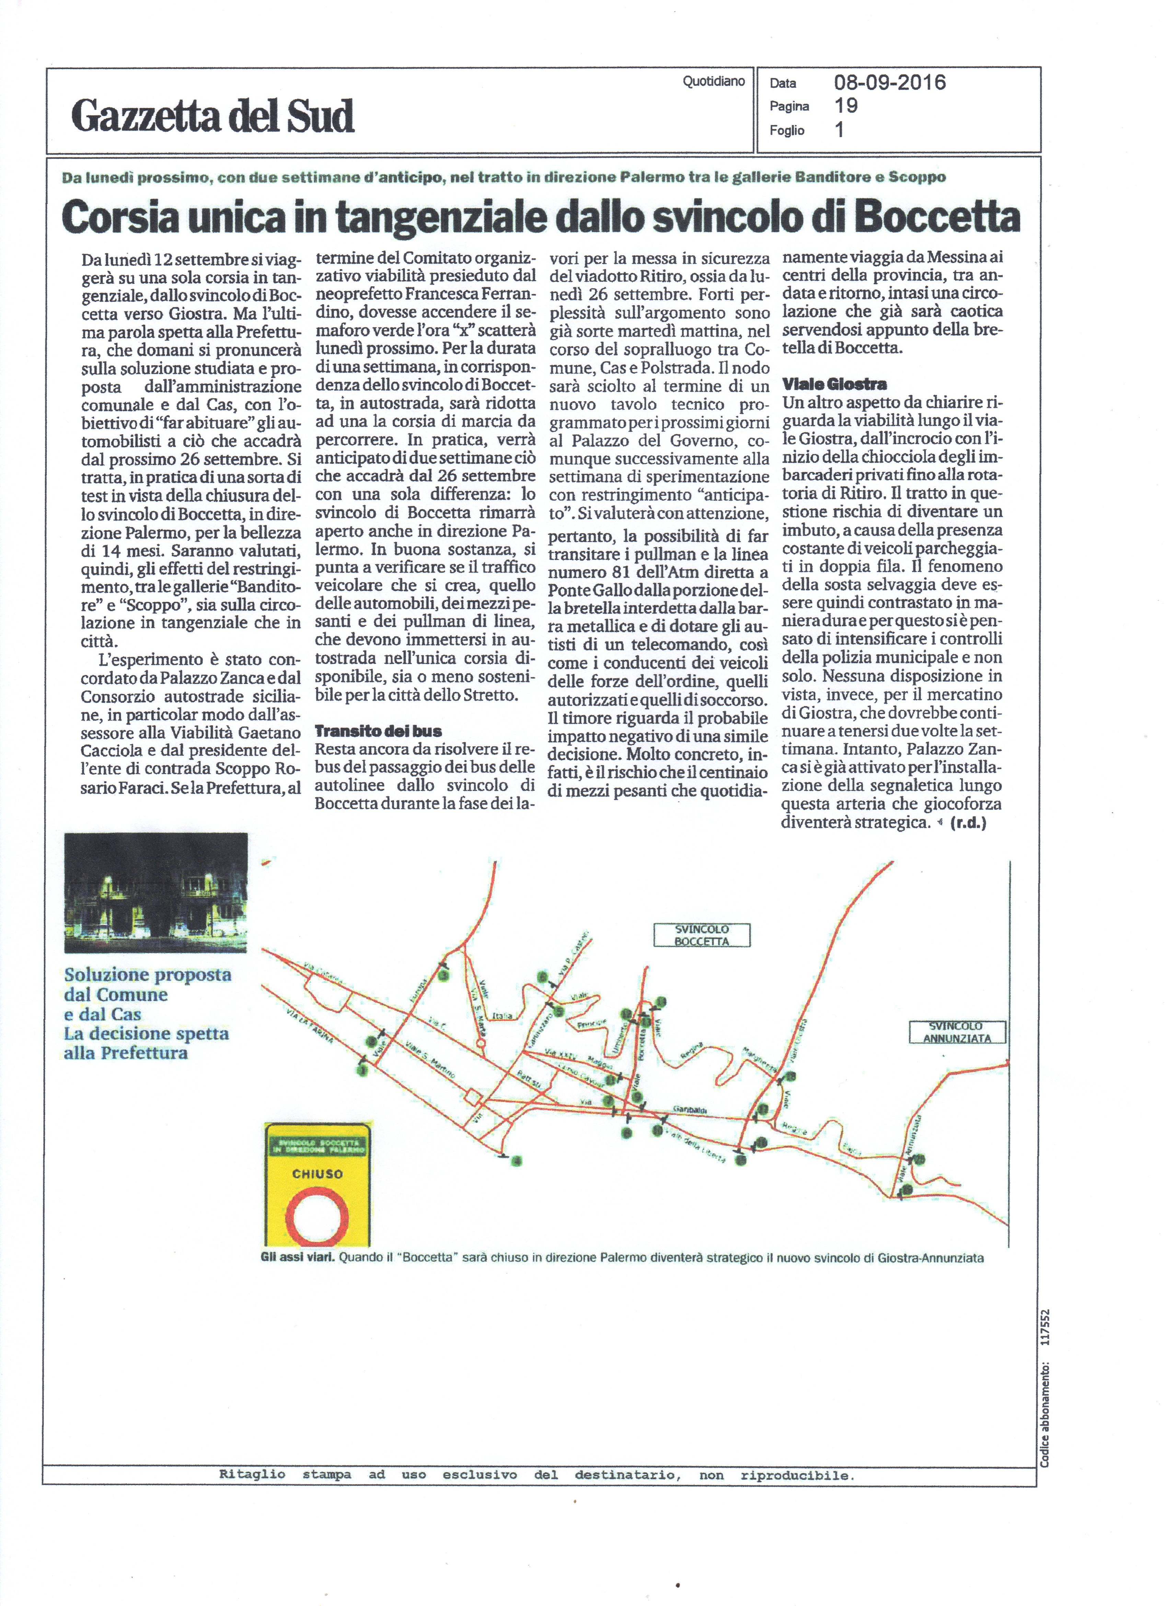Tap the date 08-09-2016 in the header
889,83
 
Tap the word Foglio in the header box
787,130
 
